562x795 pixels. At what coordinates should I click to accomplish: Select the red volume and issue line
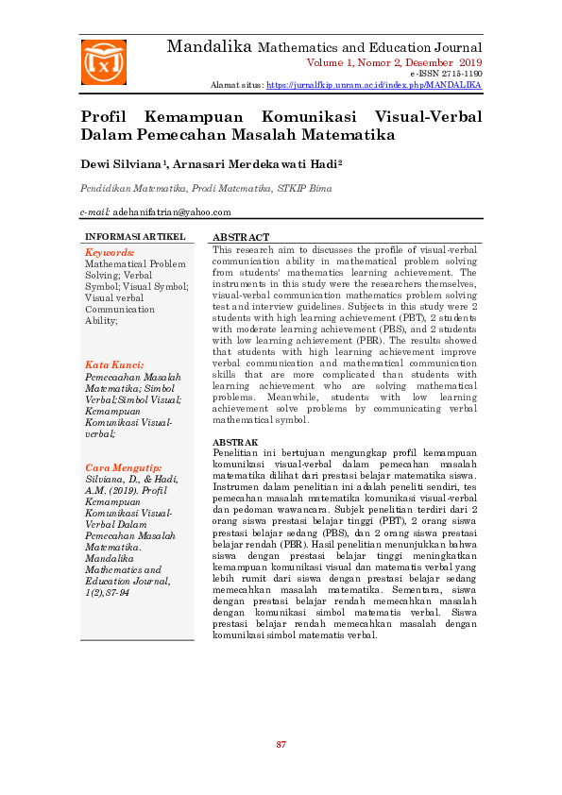394,61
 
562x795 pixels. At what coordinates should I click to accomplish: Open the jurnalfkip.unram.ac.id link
373,85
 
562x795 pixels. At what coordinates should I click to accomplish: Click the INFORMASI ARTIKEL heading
135,236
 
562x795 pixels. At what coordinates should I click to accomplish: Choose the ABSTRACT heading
241,237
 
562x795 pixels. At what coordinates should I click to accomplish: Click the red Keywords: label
110,253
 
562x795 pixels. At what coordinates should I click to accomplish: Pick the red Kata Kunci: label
114,364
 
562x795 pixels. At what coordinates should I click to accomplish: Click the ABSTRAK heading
235,442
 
